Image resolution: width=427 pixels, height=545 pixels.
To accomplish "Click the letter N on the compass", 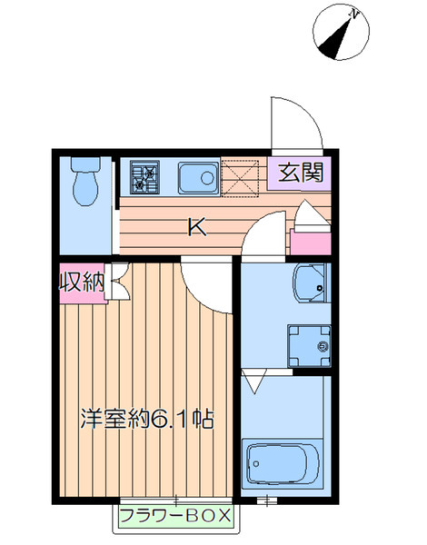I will coord(355,15).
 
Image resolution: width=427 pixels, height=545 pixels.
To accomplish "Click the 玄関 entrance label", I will coord(298,172).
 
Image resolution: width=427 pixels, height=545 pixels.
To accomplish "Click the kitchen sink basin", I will coord(197,174).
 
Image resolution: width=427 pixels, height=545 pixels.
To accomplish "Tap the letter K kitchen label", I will coord(196,227).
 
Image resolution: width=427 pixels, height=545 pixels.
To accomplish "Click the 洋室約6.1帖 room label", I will coord(147,420).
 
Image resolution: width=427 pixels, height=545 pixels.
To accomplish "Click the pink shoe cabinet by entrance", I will coord(308,242).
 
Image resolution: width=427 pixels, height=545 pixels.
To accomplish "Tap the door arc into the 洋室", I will coord(205,289).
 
